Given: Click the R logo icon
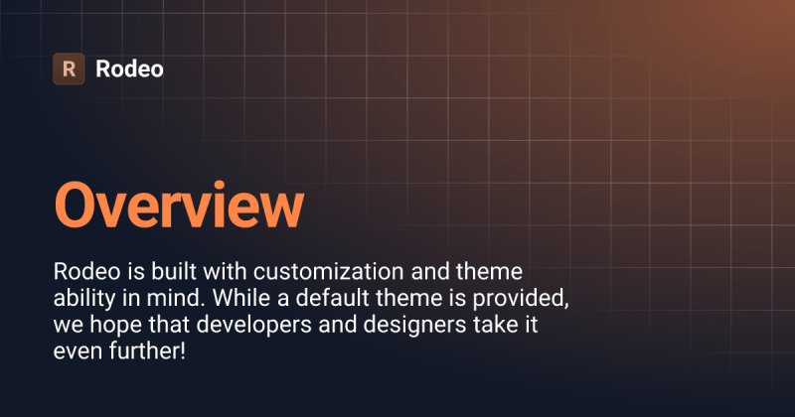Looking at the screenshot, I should (x=69, y=69).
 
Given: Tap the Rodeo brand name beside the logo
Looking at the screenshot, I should (x=129, y=69).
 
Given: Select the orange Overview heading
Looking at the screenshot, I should (x=178, y=207).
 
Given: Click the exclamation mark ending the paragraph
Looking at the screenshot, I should (x=182, y=351).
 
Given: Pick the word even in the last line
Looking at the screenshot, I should (x=78, y=351).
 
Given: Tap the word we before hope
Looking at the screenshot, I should (x=67, y=325).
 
